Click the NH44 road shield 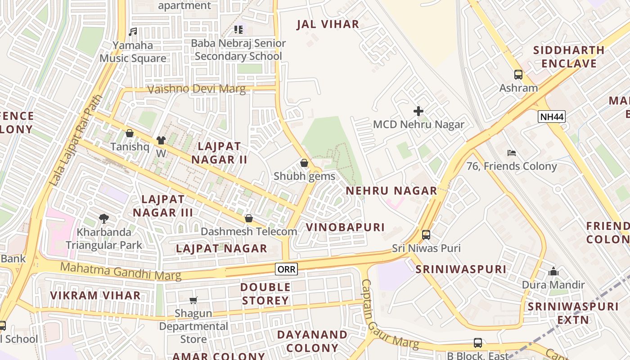pyautogui.click(x=551, y=117)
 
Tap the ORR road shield pyautogui.click(x=287, y=269)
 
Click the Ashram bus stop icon pyautogui.click(x=518, y=75)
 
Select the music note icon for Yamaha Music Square pyautogui.click(x=133, y=32)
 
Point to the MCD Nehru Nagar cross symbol pyautogui.click(x=418, y=111)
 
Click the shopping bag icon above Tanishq pyautogui.click(x=130, y=133)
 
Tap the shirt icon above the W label pyautogui.click(x=161, y=140)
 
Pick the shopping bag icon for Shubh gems pyautogui.click(x=304, y=163)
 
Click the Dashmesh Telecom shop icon pyautogui.click(x=248, y=218)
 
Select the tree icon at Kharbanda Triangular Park pyautogui.click(x=104, y=219)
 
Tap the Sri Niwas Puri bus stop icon pyautogui.click(x=426, y=234)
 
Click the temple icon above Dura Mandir pyautogui.click(x=553, y=271)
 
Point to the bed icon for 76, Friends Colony pyautogui.click(x=512, y=153)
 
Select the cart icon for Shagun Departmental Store pyautogui.click(x=193, y=300)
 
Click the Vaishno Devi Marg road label pyautogui.click(x=197, y=89)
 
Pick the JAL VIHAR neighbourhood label pyautogui.click(x=328, y=24)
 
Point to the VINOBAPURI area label pyautogui.click(x=345, y=227)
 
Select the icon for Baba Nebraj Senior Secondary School pyautogui.click(x=238, y=30)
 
